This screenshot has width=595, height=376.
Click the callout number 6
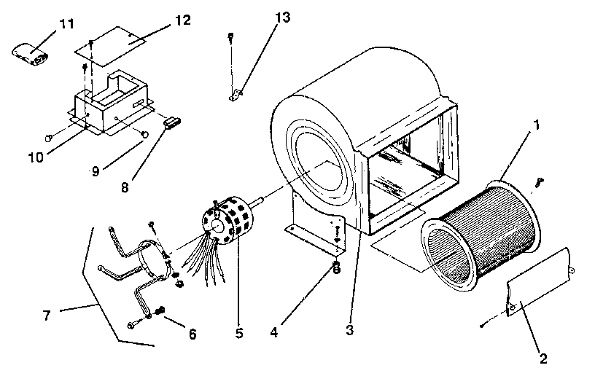pos(192,334)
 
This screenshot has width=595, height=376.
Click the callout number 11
pos(67,25)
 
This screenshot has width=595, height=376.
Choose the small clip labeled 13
pos(236,94)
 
